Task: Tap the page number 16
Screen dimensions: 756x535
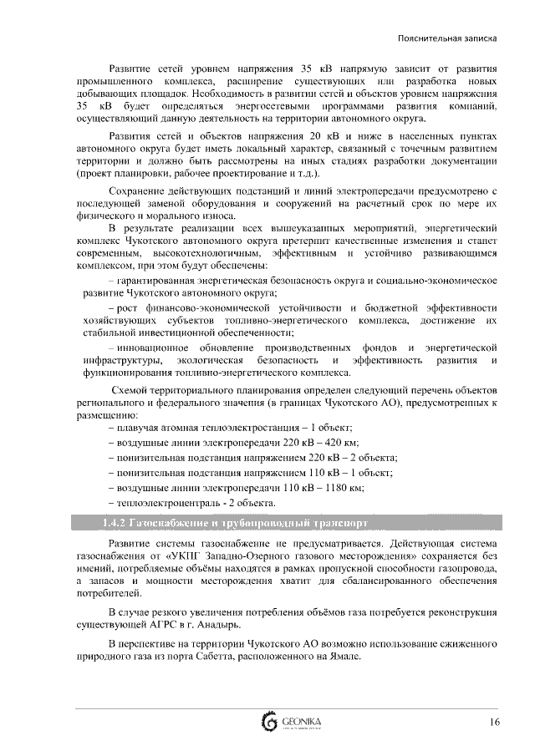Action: click(x=494, y=722)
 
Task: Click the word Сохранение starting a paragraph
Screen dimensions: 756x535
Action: click(x=138, y=191)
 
